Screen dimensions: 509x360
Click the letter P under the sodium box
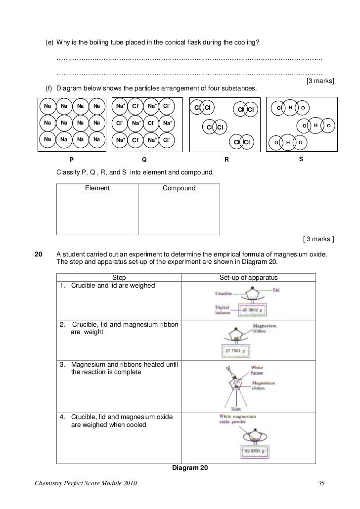tap(71, 160)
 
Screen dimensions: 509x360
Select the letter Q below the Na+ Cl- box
tap(144, 160)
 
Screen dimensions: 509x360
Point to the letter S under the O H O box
tap(301, 159)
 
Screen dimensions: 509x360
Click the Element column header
tap(97, 188)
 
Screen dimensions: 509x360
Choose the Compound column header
tap(179, 188)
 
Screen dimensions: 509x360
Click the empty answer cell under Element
tap(97, 213)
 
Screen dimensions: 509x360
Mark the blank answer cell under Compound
tap(179, 213)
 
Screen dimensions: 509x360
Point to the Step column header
tap(119, 278)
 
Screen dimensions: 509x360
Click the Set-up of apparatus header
tap(249, 278)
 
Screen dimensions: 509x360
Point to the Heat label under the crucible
tap(235, 409)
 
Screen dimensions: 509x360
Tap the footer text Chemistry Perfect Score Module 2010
tap(84, 482)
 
